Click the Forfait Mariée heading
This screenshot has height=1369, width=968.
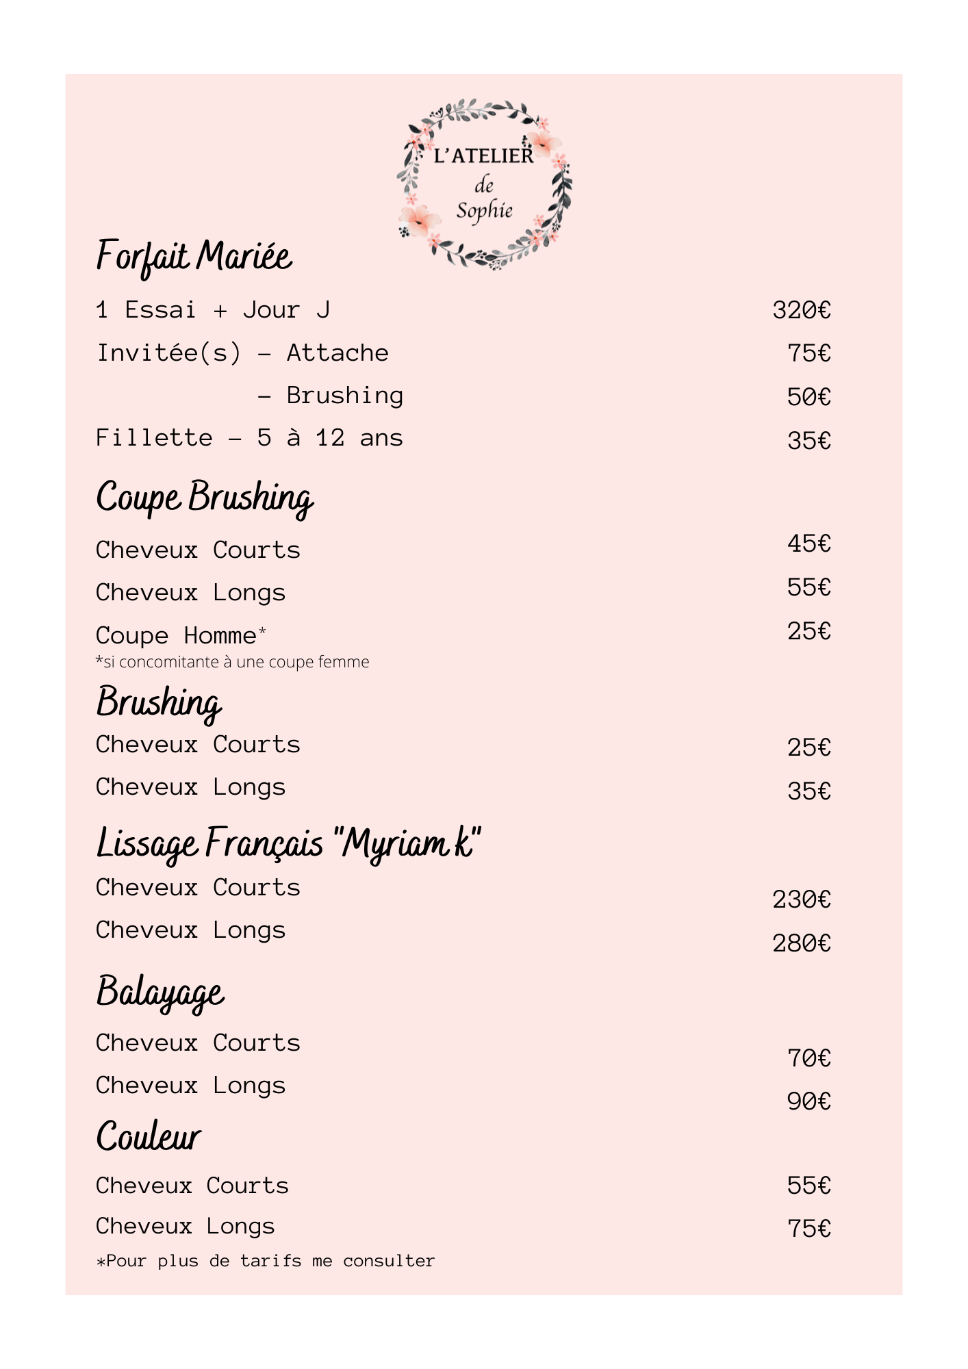(194, 257)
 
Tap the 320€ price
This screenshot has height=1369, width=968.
(801, 311)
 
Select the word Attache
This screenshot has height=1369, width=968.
(337, 353)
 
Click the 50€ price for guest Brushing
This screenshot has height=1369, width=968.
(808, 397)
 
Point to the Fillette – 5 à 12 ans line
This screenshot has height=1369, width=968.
(249, 438)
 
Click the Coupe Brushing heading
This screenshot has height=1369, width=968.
(204, 498)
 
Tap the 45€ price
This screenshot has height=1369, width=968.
(808, 543)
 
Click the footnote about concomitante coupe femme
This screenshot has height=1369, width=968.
(232, 662)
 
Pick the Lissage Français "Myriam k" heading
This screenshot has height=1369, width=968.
(288, 843)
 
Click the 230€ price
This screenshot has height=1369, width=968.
(801, 899)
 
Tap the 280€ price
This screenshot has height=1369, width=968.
(801, 944)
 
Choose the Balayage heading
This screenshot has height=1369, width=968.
(160, 993)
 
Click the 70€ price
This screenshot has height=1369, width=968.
(808, 1059)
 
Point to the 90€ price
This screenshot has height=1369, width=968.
(808, 1101)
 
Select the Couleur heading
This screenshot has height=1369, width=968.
(149, 1138)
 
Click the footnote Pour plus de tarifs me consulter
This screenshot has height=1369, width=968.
(266, 1261)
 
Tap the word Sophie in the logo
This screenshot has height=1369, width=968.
(484, 211)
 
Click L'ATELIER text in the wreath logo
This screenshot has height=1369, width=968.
(483, 156)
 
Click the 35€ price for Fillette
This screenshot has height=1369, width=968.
(808, 441)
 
